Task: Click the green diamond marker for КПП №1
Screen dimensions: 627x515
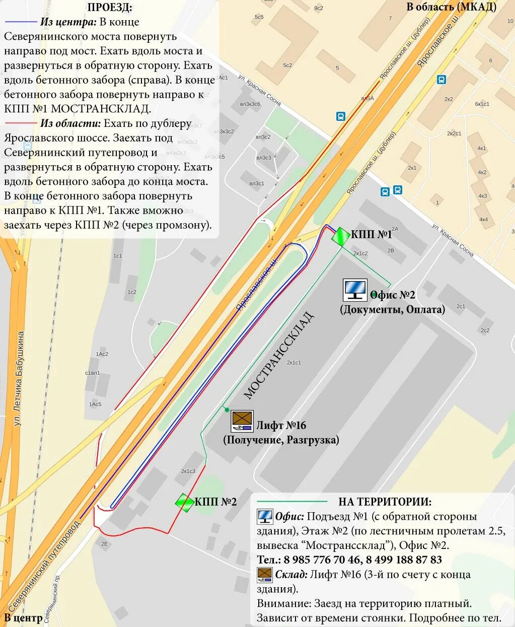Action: click(341, 236)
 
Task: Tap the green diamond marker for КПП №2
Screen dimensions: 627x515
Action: click(185, 502)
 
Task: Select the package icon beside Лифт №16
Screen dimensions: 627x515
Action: click(242, 421)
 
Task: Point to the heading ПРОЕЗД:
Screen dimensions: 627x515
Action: click(110, 8)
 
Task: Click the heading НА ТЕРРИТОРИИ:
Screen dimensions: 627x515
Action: click(385, 502)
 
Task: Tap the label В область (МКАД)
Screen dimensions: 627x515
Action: click(451, 7)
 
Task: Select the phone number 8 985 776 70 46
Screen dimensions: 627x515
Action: click(322, 560)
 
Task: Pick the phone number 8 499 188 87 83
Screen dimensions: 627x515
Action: click(404, 560)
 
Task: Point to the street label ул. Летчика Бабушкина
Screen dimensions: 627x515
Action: click(19, 378)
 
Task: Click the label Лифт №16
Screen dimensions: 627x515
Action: click(281, 426)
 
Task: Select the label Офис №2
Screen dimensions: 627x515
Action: click(392, 295)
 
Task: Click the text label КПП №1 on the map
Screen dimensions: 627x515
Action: click(371, 234)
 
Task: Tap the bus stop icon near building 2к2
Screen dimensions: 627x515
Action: click(442, 80)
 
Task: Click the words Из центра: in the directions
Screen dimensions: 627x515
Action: click(68, 22)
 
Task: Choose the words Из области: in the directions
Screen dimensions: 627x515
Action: click(70, 123)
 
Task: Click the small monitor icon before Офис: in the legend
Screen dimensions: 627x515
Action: click(264, 516)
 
